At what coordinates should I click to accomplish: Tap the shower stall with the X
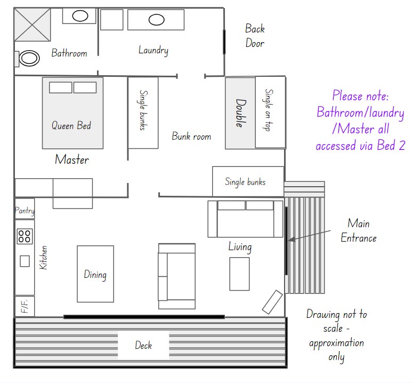click(32, 25)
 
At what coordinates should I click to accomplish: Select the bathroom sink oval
click(80, 16)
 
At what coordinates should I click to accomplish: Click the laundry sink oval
click(157, 20)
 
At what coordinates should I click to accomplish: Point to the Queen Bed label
click(71, 125)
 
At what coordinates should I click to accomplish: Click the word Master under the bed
click(72, 159)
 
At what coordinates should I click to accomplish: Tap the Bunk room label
click(191, 136)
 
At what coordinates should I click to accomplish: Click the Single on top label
click(269, 110)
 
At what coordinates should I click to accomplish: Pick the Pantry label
click(25, 211)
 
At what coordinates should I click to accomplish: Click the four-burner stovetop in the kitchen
click(25, 236)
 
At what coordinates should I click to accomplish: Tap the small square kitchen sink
click(25, 261)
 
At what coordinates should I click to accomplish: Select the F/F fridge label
click(25, 306)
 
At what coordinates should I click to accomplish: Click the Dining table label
click(95, 275)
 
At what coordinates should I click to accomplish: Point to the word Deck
click(143, 345)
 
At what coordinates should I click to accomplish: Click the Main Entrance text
click(359, 230)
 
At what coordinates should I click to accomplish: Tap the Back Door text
click(255, 36)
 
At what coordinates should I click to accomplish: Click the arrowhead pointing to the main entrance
click(291, 240)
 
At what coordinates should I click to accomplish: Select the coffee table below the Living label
click(239, 274)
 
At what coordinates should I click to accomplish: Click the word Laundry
click(153, 50)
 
